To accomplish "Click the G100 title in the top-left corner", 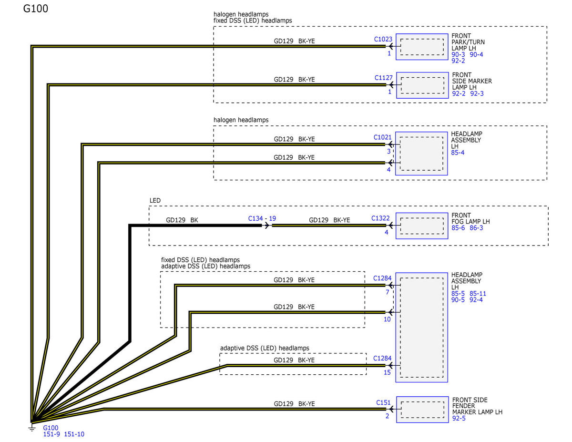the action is click(36, 9).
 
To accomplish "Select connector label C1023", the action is click(383, 39).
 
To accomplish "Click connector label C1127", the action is click(383, 78).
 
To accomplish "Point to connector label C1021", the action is click(382, 137).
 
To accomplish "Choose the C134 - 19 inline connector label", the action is click(262, 218).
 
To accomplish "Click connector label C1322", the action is click(380, 218).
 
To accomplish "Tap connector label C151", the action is click(383, 403).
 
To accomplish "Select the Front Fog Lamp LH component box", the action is click(422, 226).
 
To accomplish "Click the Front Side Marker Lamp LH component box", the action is click(422, 85).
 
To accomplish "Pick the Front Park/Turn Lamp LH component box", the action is click(422, 47).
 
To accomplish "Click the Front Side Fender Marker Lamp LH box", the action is click(422, 410).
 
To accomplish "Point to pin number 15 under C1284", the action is click(387, 372).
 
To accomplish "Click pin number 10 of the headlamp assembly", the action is click(387, 319).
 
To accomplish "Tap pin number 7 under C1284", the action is click(387, 292).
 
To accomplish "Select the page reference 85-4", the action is click(458, 153).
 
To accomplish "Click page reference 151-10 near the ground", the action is click(74, 434).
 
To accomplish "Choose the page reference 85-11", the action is click(478, 294).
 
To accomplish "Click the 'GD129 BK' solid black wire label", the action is click(182, 220).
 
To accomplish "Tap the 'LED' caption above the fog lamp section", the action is click(155, 201).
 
